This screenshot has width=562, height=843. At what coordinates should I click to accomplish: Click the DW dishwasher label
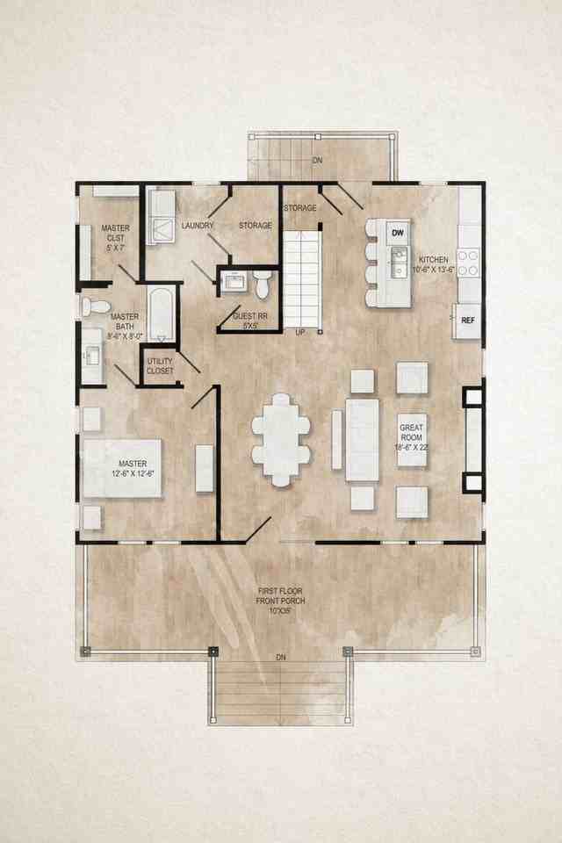tap(398, 233)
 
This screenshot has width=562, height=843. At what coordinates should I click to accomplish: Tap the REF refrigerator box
tap(467, 321)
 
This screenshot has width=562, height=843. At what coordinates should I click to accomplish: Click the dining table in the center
tap(281, 440)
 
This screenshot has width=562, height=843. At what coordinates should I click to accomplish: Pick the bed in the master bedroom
tap(123, 468)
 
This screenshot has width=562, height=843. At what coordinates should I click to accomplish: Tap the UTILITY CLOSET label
tap(160, 366)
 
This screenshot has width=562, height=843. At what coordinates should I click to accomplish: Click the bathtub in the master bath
tap(160, 313)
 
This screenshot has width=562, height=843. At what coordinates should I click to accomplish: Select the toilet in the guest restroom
tap(262, 283)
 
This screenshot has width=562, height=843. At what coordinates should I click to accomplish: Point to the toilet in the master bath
tap(95, 306)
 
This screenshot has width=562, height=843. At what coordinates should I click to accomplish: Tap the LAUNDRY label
tap(198, 226)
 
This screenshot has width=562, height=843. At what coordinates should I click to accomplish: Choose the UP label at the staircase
tap(300, 333)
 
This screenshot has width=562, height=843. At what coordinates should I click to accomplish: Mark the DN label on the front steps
tap(281, 657)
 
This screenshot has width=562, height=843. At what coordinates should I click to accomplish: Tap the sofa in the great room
tap(362, 440)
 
